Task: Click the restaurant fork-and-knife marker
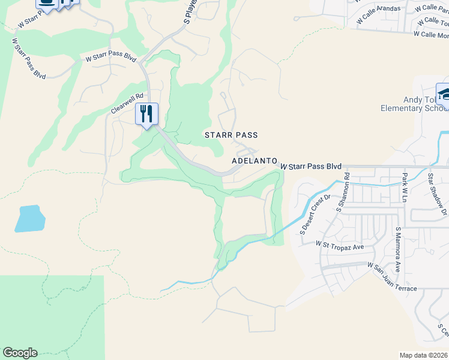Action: pos(146,113)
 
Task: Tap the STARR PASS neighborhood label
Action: pos(231,136)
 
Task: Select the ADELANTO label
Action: pos(255,161)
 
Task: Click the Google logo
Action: pos(20,353)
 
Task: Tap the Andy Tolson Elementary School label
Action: pos(415,104)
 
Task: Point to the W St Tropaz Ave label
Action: pos(340,246)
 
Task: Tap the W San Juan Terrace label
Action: pos(392,276)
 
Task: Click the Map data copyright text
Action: pos(424,355)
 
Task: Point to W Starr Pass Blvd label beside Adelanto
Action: pos(311,166)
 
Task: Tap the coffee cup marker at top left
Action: pos(47,3)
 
